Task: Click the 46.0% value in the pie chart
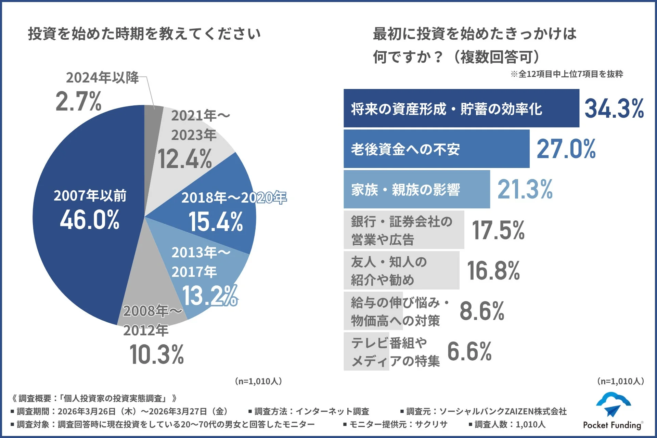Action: [90, 220]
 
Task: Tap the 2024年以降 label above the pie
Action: [102, 78]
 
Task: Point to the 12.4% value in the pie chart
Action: [185, 159]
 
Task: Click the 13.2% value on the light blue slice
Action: [209, 296]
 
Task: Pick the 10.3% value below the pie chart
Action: [157, 355]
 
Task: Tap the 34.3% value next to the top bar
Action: [614, 108]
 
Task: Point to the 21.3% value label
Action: [525, 189]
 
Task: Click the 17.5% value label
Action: [498, 230]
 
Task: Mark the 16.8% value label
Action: [493, 270]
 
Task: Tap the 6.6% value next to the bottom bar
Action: [469, 351]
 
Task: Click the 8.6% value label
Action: [482, 311]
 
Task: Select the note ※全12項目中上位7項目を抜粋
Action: [567, 74]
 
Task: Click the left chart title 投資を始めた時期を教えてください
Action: [144, 34]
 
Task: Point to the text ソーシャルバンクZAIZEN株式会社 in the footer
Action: [503, 411]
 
